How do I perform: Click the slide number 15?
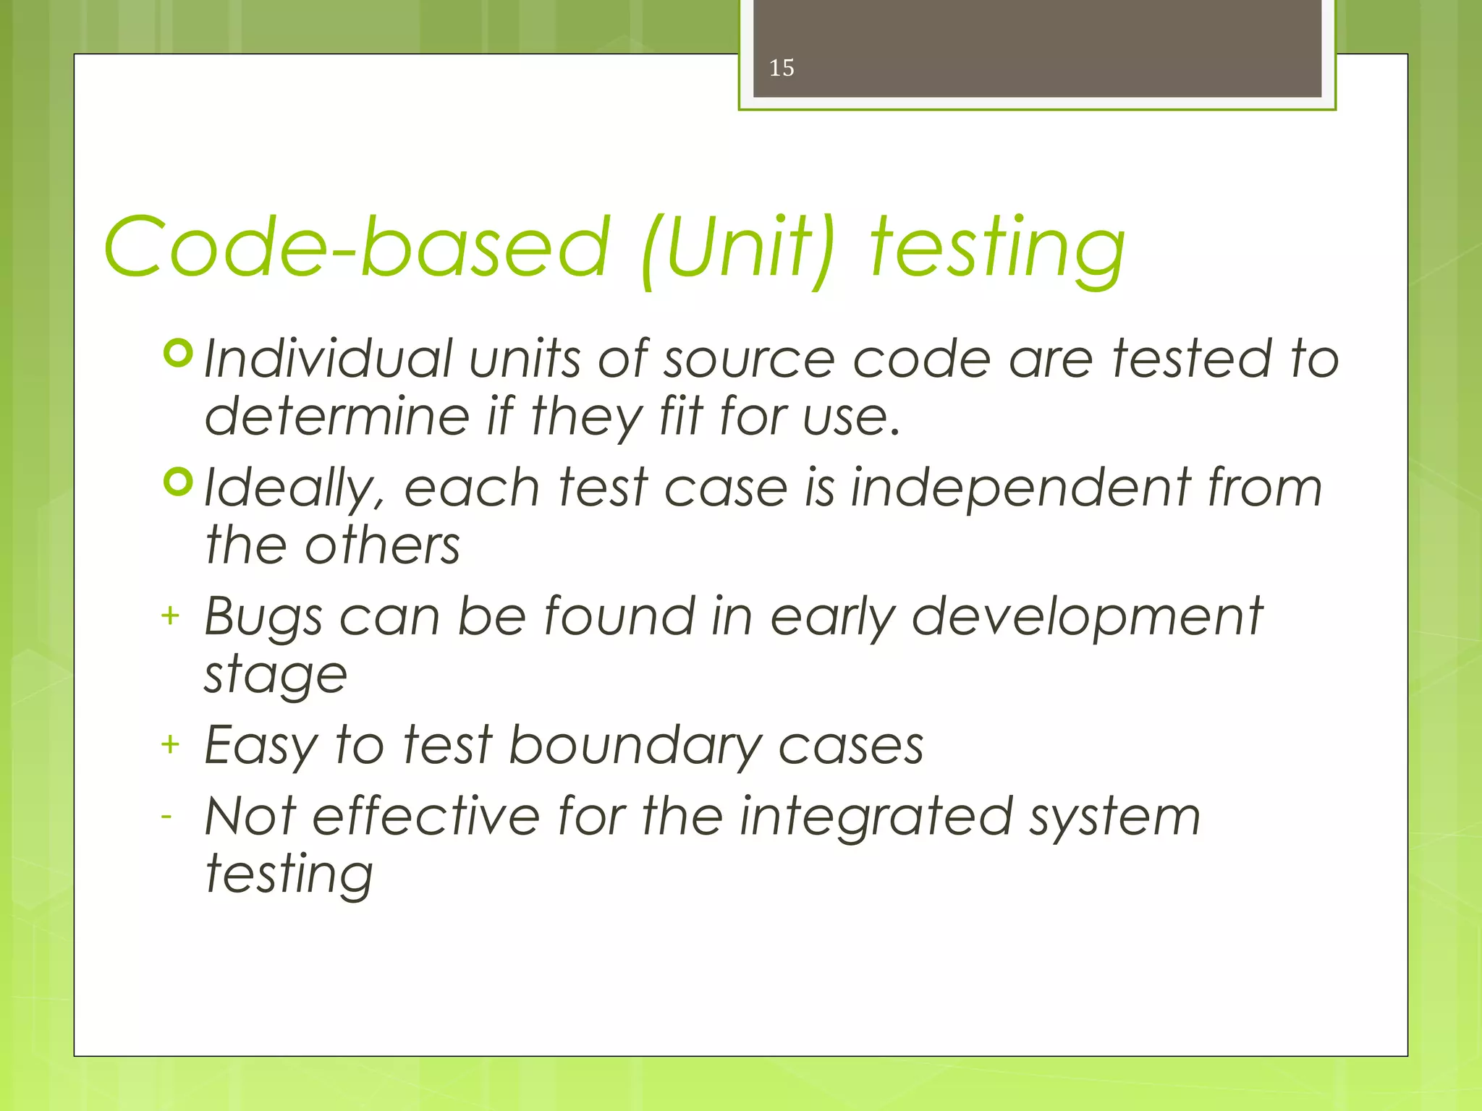coord(781,68)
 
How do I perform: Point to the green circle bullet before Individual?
coord(178,353)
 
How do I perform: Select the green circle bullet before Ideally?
coord(178,482)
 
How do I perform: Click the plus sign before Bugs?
coord(170,616)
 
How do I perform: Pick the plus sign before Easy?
coord(170,744)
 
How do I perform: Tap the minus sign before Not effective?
coord(167,817)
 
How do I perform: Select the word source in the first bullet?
coord(749,360)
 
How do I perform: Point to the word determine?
coord(337,417)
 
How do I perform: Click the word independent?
coord(1020,489)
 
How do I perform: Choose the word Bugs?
coord(263,618)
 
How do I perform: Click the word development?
coord(1086,618)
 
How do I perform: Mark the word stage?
coord(276,676)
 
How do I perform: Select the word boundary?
coord(635,746)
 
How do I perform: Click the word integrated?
coord(875,818)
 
